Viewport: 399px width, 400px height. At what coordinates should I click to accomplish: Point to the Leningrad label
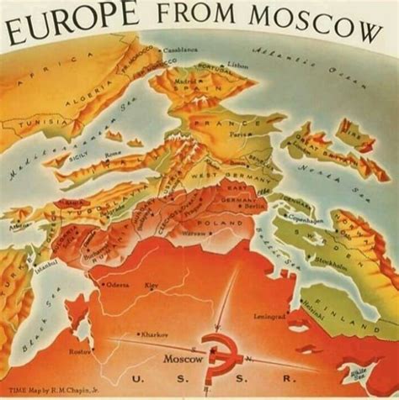tap(269, 317)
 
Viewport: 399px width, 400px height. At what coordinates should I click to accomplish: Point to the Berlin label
tap(253, 204)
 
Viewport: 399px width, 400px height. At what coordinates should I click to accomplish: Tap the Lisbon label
tap(238, 64)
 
